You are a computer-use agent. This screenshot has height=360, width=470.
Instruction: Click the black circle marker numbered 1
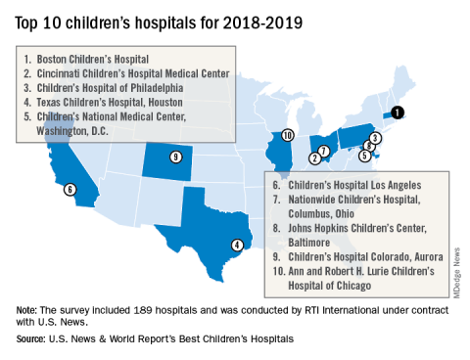tap(398, 112)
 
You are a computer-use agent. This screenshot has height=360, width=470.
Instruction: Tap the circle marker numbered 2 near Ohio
tap(315, 158)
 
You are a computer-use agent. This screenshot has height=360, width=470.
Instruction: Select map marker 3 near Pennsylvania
tap(375, 138)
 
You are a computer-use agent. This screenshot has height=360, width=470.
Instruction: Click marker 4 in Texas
tap(237, 245)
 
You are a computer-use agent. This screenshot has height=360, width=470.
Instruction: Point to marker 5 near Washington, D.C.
tap(364, 156)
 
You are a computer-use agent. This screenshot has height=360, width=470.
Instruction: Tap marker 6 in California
tap(70, 189)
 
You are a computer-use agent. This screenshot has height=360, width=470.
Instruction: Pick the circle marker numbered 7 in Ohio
tap(323, 151)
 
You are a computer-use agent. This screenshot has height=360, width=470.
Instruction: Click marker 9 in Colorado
tap(176, 157)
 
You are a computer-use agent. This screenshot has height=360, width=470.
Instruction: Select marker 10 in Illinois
tap(287, 135)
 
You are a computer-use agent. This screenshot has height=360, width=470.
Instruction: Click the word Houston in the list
tap(165, 103)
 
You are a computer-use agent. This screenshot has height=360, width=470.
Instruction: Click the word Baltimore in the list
tap(309, 243)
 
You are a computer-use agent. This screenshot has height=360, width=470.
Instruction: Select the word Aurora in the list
tap(429, 257)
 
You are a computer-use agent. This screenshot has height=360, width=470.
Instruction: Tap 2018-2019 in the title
tap(262, 23)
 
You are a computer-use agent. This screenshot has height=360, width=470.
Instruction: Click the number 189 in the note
tap(143, 310)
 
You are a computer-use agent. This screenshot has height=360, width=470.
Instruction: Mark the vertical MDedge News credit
tap(456, 273)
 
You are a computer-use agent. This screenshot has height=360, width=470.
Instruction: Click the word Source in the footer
tap(30, 339)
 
